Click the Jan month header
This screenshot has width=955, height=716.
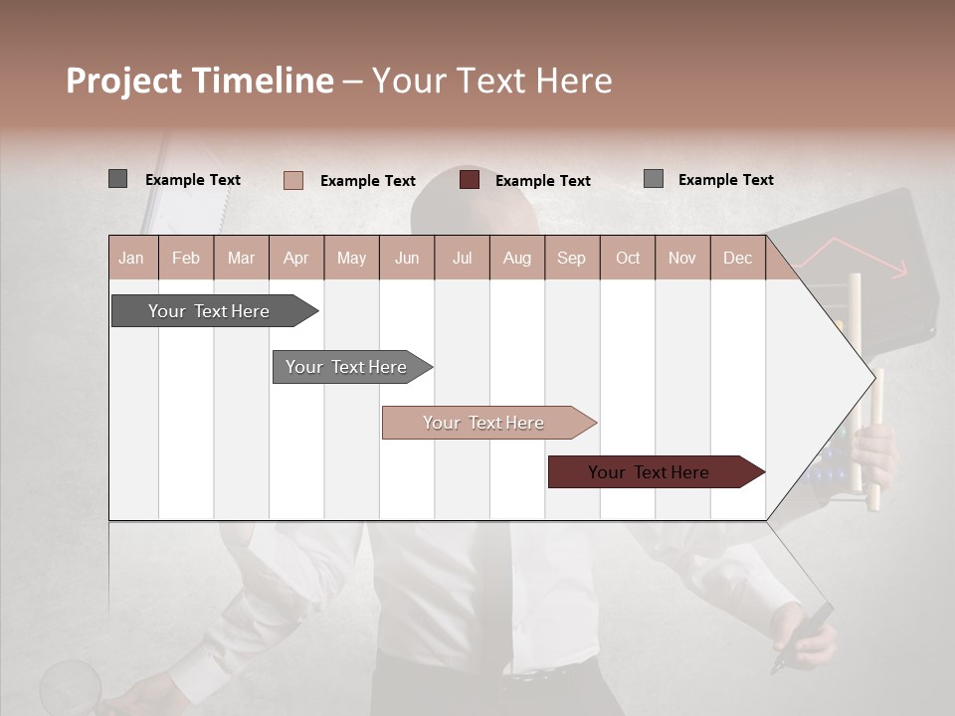(132, 258)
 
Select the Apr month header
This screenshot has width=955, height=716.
(296, 258)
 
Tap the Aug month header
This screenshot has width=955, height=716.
(517, 258)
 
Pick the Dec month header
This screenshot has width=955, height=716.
(737, 258)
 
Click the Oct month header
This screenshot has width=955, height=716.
(628, 258)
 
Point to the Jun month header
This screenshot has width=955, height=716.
(407, 258)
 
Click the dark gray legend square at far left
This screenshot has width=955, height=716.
(117, 179)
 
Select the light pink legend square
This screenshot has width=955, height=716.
(293, 180)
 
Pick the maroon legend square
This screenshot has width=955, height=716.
(470, 180)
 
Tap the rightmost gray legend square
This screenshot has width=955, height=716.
(654, 179)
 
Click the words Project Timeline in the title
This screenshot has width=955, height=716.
(199, 81)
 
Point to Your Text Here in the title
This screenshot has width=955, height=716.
(492, 81)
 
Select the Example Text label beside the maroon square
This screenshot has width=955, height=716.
(542, 181)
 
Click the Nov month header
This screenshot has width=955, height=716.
(682, 258)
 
